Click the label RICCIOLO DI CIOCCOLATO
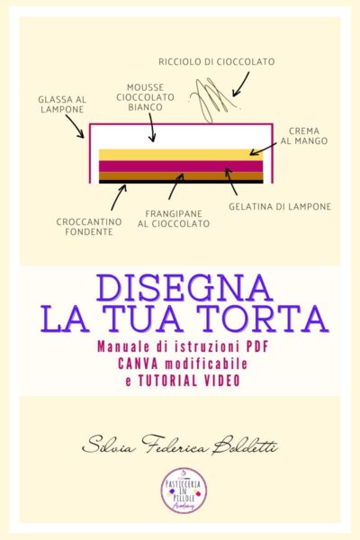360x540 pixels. pos(217,62)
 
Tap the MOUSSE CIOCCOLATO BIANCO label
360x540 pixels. pos(145,97)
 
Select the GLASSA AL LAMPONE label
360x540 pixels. pos(62,104)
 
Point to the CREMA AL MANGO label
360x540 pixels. pos(304,136)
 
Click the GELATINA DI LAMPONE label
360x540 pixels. pos(280,207)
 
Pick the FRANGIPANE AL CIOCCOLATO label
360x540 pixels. pos(174,219)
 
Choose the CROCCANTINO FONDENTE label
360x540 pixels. pos(89,227)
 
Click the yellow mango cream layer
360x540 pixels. pos(181,155)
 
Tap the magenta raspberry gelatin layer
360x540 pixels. pos(181,166)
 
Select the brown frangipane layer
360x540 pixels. pos(181,176)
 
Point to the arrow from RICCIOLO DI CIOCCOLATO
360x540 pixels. pos(240,84)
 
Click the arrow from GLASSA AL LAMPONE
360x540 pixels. pos(75,126)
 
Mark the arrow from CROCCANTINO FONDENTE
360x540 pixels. pos(119,197)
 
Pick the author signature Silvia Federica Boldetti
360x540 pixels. pos(180,445)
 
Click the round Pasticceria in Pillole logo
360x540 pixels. pos(184,490)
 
